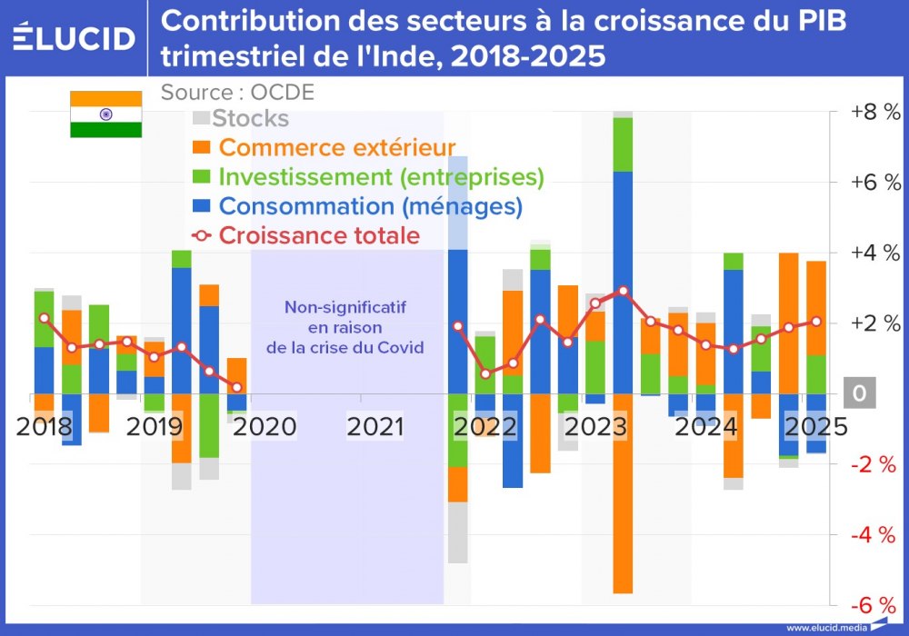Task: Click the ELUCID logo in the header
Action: coord(75,38)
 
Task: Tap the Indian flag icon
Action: coord(106,114)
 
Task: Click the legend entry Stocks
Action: coord(250,118)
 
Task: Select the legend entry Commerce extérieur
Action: coord(336,147)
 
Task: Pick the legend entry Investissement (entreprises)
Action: coord(381,176)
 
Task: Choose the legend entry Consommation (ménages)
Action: coord(370,206)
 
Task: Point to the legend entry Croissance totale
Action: coord(319,235)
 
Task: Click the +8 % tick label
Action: coord(874,113)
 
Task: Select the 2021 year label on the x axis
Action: coord(375,426)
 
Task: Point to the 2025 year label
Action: coord(815,426)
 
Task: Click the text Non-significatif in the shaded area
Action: coord(345,307)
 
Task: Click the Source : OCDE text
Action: coord(237,93)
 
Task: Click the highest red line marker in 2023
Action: coord(623,291)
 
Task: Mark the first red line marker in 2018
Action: coord(44,318)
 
